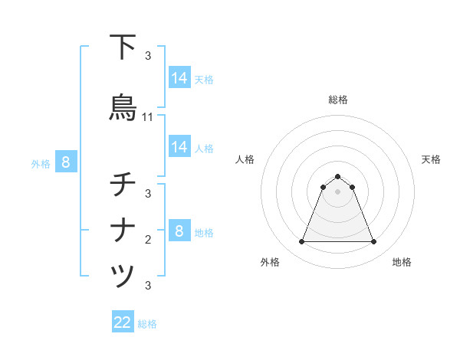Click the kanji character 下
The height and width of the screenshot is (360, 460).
[123, 47]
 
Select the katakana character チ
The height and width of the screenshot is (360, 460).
[123, 185]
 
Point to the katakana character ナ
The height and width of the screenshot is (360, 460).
[123, 231]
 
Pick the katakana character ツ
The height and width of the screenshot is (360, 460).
[123, 277]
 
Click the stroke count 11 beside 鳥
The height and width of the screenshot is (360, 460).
[148, 117]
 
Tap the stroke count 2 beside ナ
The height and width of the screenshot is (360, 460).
[148, 240]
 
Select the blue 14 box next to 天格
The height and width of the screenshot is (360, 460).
[179, 78]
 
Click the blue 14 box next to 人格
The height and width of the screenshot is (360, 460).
[179, 147]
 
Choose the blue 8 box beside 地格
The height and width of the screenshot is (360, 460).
[179, 231]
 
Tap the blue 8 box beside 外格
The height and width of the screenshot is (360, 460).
[66, 162]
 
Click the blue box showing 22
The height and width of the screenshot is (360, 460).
[123, 322]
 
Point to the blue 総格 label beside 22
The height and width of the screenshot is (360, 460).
[147, 324]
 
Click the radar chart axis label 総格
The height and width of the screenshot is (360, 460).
[338, 100]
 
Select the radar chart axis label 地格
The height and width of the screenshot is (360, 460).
[402, 262]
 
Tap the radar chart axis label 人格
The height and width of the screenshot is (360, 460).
[245, 159]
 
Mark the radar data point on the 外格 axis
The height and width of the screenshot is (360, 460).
[301, 242]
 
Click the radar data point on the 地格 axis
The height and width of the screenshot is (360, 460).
[374, 242]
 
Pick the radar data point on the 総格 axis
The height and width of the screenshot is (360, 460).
[338, 175]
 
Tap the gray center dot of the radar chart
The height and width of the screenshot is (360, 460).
[338, 191]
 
